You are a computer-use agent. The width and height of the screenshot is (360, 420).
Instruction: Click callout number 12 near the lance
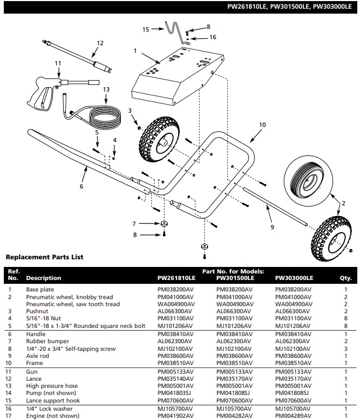tap(100, 42)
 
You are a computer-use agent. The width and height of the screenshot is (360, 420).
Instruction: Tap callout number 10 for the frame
tap(263, 125)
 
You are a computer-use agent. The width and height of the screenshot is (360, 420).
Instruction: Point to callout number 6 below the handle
tap(81, 186)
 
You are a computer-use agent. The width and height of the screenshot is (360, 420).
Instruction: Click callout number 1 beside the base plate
tap(135, 51)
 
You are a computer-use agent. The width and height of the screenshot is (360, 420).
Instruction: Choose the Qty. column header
tap(345, 278)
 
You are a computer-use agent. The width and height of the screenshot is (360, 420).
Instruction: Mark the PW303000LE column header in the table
tap(294, 278)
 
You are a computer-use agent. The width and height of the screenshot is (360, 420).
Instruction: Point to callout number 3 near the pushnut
tap(130, 111)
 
